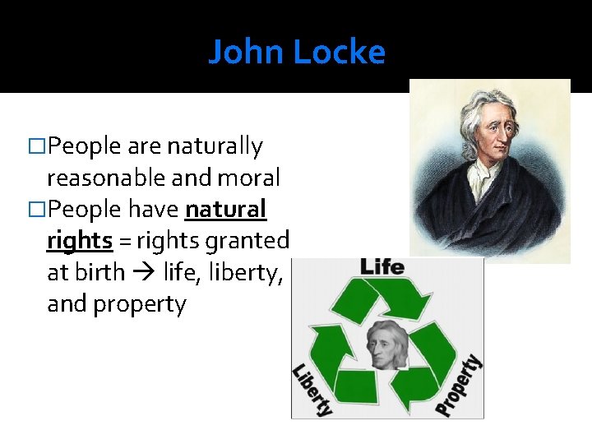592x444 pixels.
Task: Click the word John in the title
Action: coord(246,53)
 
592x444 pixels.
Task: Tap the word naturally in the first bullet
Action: coord(215,146)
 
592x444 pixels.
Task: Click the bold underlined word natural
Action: coord(226,210)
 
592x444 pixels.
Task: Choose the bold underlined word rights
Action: coord(81,241)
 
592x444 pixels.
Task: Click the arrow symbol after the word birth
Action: coord(144,273)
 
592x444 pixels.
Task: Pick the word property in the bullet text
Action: coord(139,304)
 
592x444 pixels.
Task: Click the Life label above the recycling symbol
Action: coord(382,266)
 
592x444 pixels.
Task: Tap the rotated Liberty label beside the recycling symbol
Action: coord(312,389)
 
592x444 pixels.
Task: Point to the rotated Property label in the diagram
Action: coord(459,385)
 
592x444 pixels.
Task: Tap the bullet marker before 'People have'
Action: coord(36,210)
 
